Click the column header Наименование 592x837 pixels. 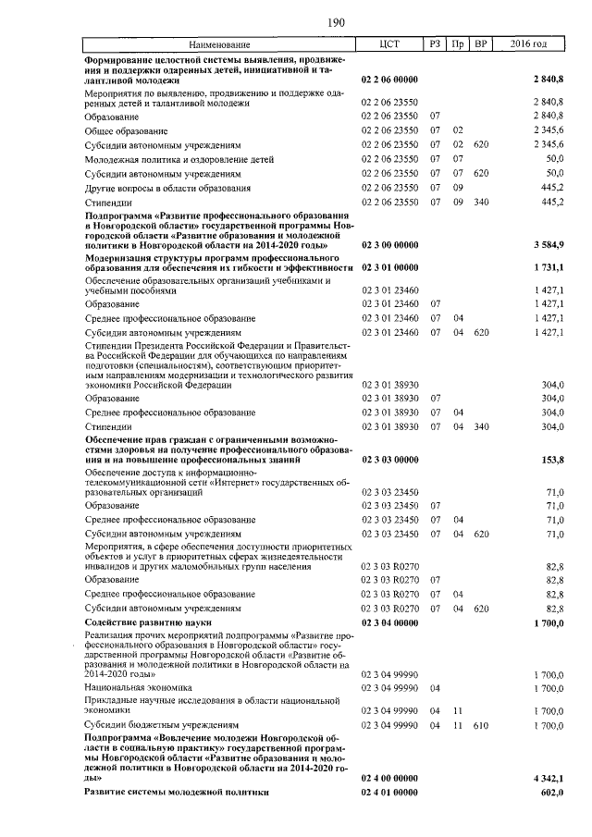pos(219,44)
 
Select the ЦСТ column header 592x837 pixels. pos(389,44)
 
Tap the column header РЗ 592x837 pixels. pos(435,44)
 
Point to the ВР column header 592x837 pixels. pos(480,44)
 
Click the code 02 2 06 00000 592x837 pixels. pos(389,81)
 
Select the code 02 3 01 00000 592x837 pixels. pos(389,267)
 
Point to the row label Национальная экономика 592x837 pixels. pos(138,688)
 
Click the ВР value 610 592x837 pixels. pos(480,726)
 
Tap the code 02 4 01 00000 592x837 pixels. pos(389,793)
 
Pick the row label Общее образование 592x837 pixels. pos(124,131)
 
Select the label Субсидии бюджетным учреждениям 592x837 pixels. pos(162,726)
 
